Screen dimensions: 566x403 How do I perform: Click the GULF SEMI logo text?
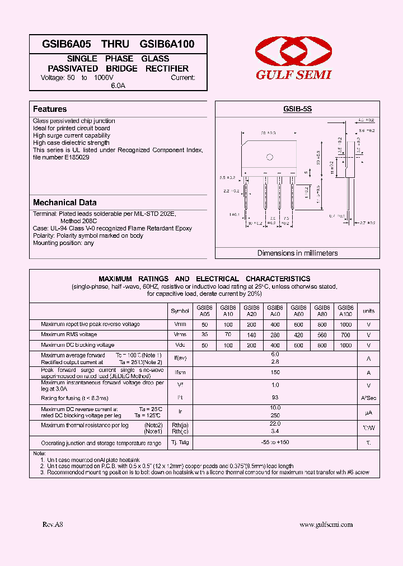tap(294, 75)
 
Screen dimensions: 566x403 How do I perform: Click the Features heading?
tap(50, 109)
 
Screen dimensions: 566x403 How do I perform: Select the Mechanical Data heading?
tap(64, 202)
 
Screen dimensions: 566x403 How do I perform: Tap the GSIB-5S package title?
tap(297, 110)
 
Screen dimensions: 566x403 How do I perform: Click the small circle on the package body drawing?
tap(269, 157)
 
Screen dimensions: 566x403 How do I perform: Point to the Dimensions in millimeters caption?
tap(297, 253)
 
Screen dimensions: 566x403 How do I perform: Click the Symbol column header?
tap(180, 310)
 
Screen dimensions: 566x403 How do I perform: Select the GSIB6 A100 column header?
tap(346, 310)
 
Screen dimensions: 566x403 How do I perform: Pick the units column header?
tap(369, 310)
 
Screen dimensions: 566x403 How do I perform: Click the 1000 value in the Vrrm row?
tap(346, 324)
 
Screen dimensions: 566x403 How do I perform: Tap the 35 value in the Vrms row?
tap(204, 335)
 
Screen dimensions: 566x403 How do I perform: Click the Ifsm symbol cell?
tap(180, 372)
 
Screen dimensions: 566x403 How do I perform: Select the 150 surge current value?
tap(275, 372)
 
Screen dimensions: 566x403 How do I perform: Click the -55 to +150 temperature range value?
tap(275, 442)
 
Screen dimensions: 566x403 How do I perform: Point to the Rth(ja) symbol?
tap(180, 425)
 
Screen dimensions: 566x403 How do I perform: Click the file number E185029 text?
tap(61, 158)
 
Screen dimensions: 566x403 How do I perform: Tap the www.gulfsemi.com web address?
tap(326, 524)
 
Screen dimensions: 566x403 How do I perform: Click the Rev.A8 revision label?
tap(53, 524)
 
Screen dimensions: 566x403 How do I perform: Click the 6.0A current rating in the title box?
tap(118, 86)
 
